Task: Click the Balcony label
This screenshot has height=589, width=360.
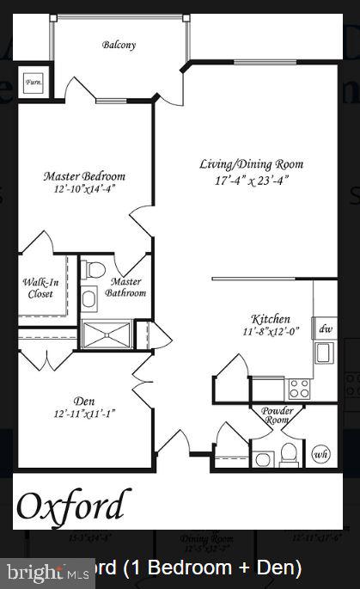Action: click(x=119, y=45)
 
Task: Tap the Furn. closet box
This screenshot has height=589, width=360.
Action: click(x=35, y=83)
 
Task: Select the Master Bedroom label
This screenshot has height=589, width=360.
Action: click(x=84, y=176)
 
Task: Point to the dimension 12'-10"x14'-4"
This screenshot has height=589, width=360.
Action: click(x=84, y=189)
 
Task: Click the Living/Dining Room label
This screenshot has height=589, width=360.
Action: click(x=251, y=164)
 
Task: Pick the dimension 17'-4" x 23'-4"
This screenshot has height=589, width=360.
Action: click(x=251, y=181)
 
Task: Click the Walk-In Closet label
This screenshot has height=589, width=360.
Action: click(x=39, y=287)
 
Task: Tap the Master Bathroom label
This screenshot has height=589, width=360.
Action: click(x=125, y=287)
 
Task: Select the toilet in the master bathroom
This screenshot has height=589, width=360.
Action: click(x=95, y=273)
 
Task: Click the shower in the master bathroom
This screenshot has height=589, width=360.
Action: click(x=107, y=334)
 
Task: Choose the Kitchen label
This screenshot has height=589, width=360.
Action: click(x=271, y=318)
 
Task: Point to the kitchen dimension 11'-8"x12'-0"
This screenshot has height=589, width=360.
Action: click(x=271, y=332)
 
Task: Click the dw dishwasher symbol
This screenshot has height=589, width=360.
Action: click(x=326, y=328)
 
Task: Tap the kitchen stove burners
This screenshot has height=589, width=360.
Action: click(x=299, y=389)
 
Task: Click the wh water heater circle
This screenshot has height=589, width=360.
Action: click(x=320, y=453)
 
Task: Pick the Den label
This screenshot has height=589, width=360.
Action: click(x=83, y=400)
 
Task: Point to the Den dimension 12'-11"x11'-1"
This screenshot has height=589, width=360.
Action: click(x=83, y=414)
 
